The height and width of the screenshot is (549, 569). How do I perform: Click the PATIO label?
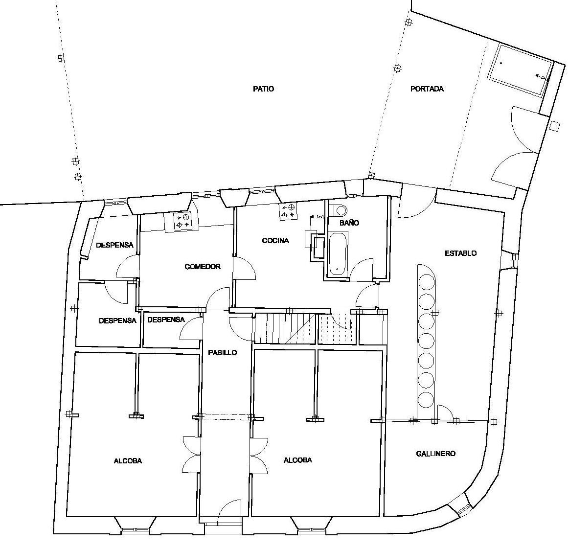pyautogui.click(x=263, y=89)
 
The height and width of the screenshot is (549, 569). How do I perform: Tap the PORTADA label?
pyautogui.click(x=427, y=89)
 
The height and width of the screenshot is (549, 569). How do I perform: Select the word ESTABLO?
pyautogui.click(x=460, y=253)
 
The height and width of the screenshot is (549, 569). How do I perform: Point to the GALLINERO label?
pyautogui.click(x=435, y=454)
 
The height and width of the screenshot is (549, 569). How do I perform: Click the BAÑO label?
pyautogui.click(x=349, y=223)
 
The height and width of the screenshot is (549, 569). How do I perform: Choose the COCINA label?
pyautogui.click(x=275, y=241)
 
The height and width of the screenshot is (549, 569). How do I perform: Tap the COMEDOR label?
pyautogui.click(x=203, y=267)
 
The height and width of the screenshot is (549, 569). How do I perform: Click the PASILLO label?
pyautogui.click(x=223, y=353)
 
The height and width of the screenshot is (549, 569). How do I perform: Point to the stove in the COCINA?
pyautogui.click(x=288, y=212)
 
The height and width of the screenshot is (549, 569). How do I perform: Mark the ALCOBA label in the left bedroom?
pyautogui.click(x=128, y=461)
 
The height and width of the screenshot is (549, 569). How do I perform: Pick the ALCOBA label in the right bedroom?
pyautogui.click(x=297, y=460)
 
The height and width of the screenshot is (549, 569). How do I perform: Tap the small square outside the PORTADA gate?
pyautogui.click(x=555, y=126)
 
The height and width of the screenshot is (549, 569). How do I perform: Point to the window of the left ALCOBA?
pyautogui.click(x=135, y=530)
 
